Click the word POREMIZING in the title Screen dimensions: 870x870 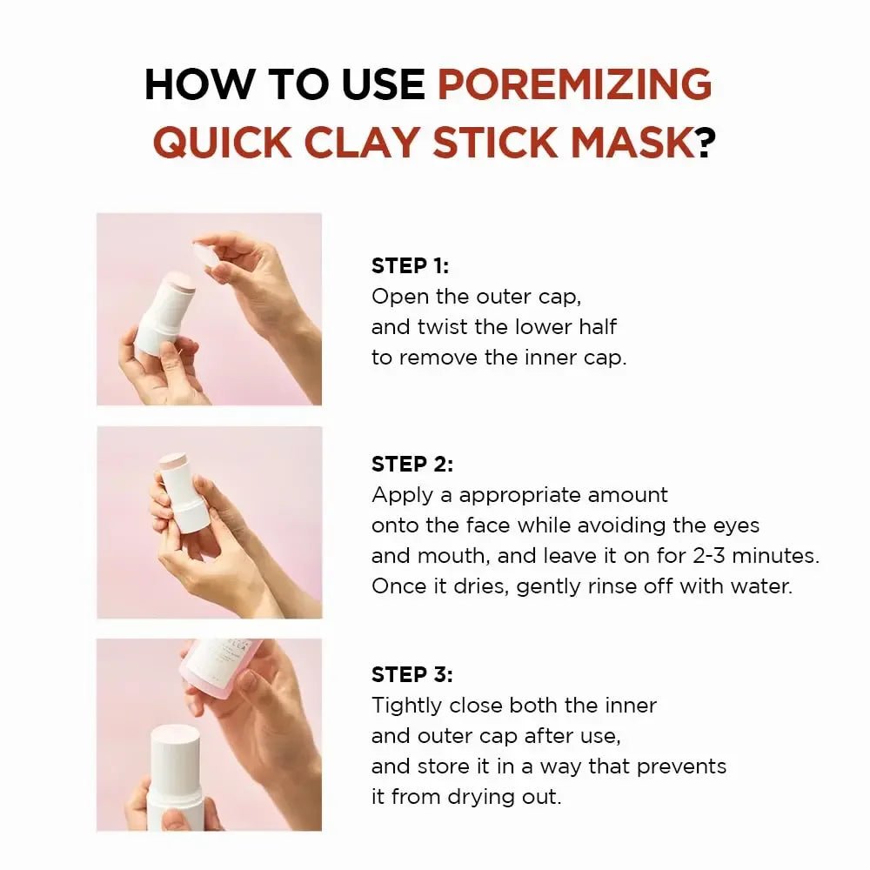point(574,84)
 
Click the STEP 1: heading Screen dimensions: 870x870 point(411,266)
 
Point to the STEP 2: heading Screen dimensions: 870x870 point(412,465)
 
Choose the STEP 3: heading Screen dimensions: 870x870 point(412,674)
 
